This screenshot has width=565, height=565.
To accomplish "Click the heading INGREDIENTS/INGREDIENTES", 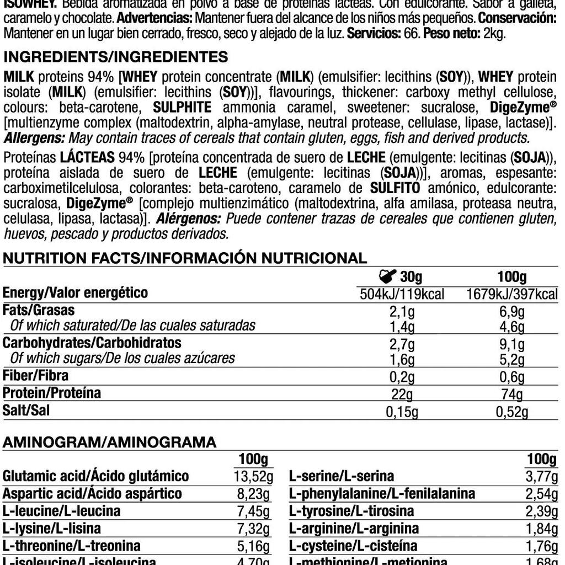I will tap(115, 57).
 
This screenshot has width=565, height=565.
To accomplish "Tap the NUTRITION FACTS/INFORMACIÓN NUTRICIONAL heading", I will tap(185, 258).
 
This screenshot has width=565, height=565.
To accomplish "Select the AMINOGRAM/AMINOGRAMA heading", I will tap(110, 441).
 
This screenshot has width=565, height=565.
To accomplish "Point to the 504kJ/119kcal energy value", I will tap(402, 294).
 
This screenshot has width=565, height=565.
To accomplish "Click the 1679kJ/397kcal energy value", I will tap(512, 294).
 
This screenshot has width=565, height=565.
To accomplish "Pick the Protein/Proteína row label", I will tap(52, 393).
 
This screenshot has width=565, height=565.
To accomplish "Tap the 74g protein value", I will tap(512, 395).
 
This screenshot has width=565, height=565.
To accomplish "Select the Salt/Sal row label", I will tap(26, 411).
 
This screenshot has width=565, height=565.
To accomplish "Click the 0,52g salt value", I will tap(512, 412).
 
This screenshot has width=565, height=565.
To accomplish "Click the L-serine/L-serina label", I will tap(342, 476).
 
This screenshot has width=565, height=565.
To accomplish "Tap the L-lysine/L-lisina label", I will tap(52, 529).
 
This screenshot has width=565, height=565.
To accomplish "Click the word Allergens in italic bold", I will tap(35, 137).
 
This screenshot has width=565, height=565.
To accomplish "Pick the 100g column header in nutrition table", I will tap(511, 276).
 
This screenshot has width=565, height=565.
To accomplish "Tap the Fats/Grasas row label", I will tap(39, 310).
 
